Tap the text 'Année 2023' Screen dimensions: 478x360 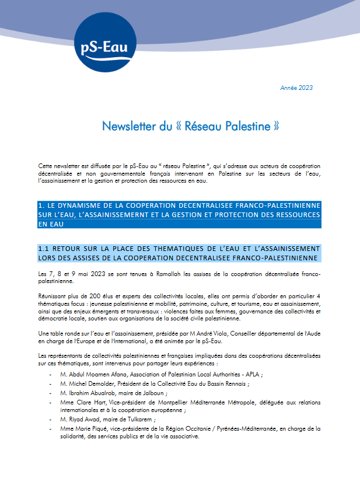pos(296,88)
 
